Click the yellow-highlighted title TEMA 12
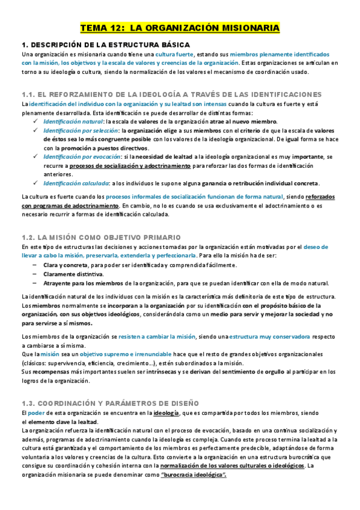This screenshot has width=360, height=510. (x=180, y=28)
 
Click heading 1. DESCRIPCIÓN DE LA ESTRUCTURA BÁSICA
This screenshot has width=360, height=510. (x=106, y=45)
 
